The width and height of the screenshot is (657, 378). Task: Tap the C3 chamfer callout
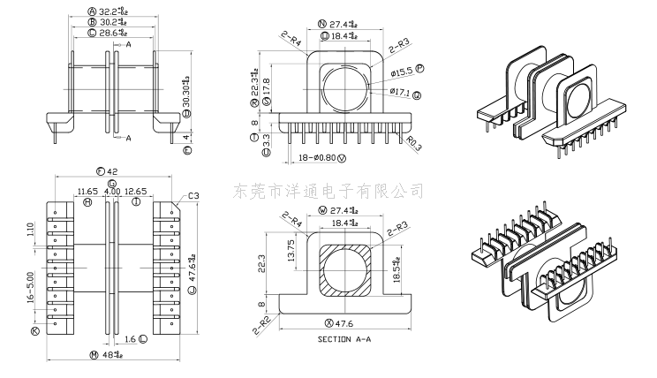pyautogui.click(x=193, y=196)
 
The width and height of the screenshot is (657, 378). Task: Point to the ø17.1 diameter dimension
pyautogui.click(x=399, y=92)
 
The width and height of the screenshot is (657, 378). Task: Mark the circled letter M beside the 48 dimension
pyautogui.click(x=94, y=355)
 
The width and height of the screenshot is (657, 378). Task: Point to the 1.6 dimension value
pyautogui.click(x=131, y=339)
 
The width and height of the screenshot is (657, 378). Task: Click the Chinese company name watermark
pyautogui.click(x=328, y=190)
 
